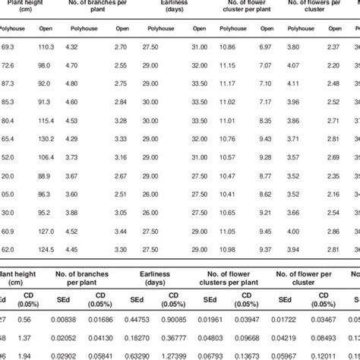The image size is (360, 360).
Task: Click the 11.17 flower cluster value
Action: point(226,84)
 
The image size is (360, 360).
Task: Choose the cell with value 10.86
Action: point(226,47)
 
